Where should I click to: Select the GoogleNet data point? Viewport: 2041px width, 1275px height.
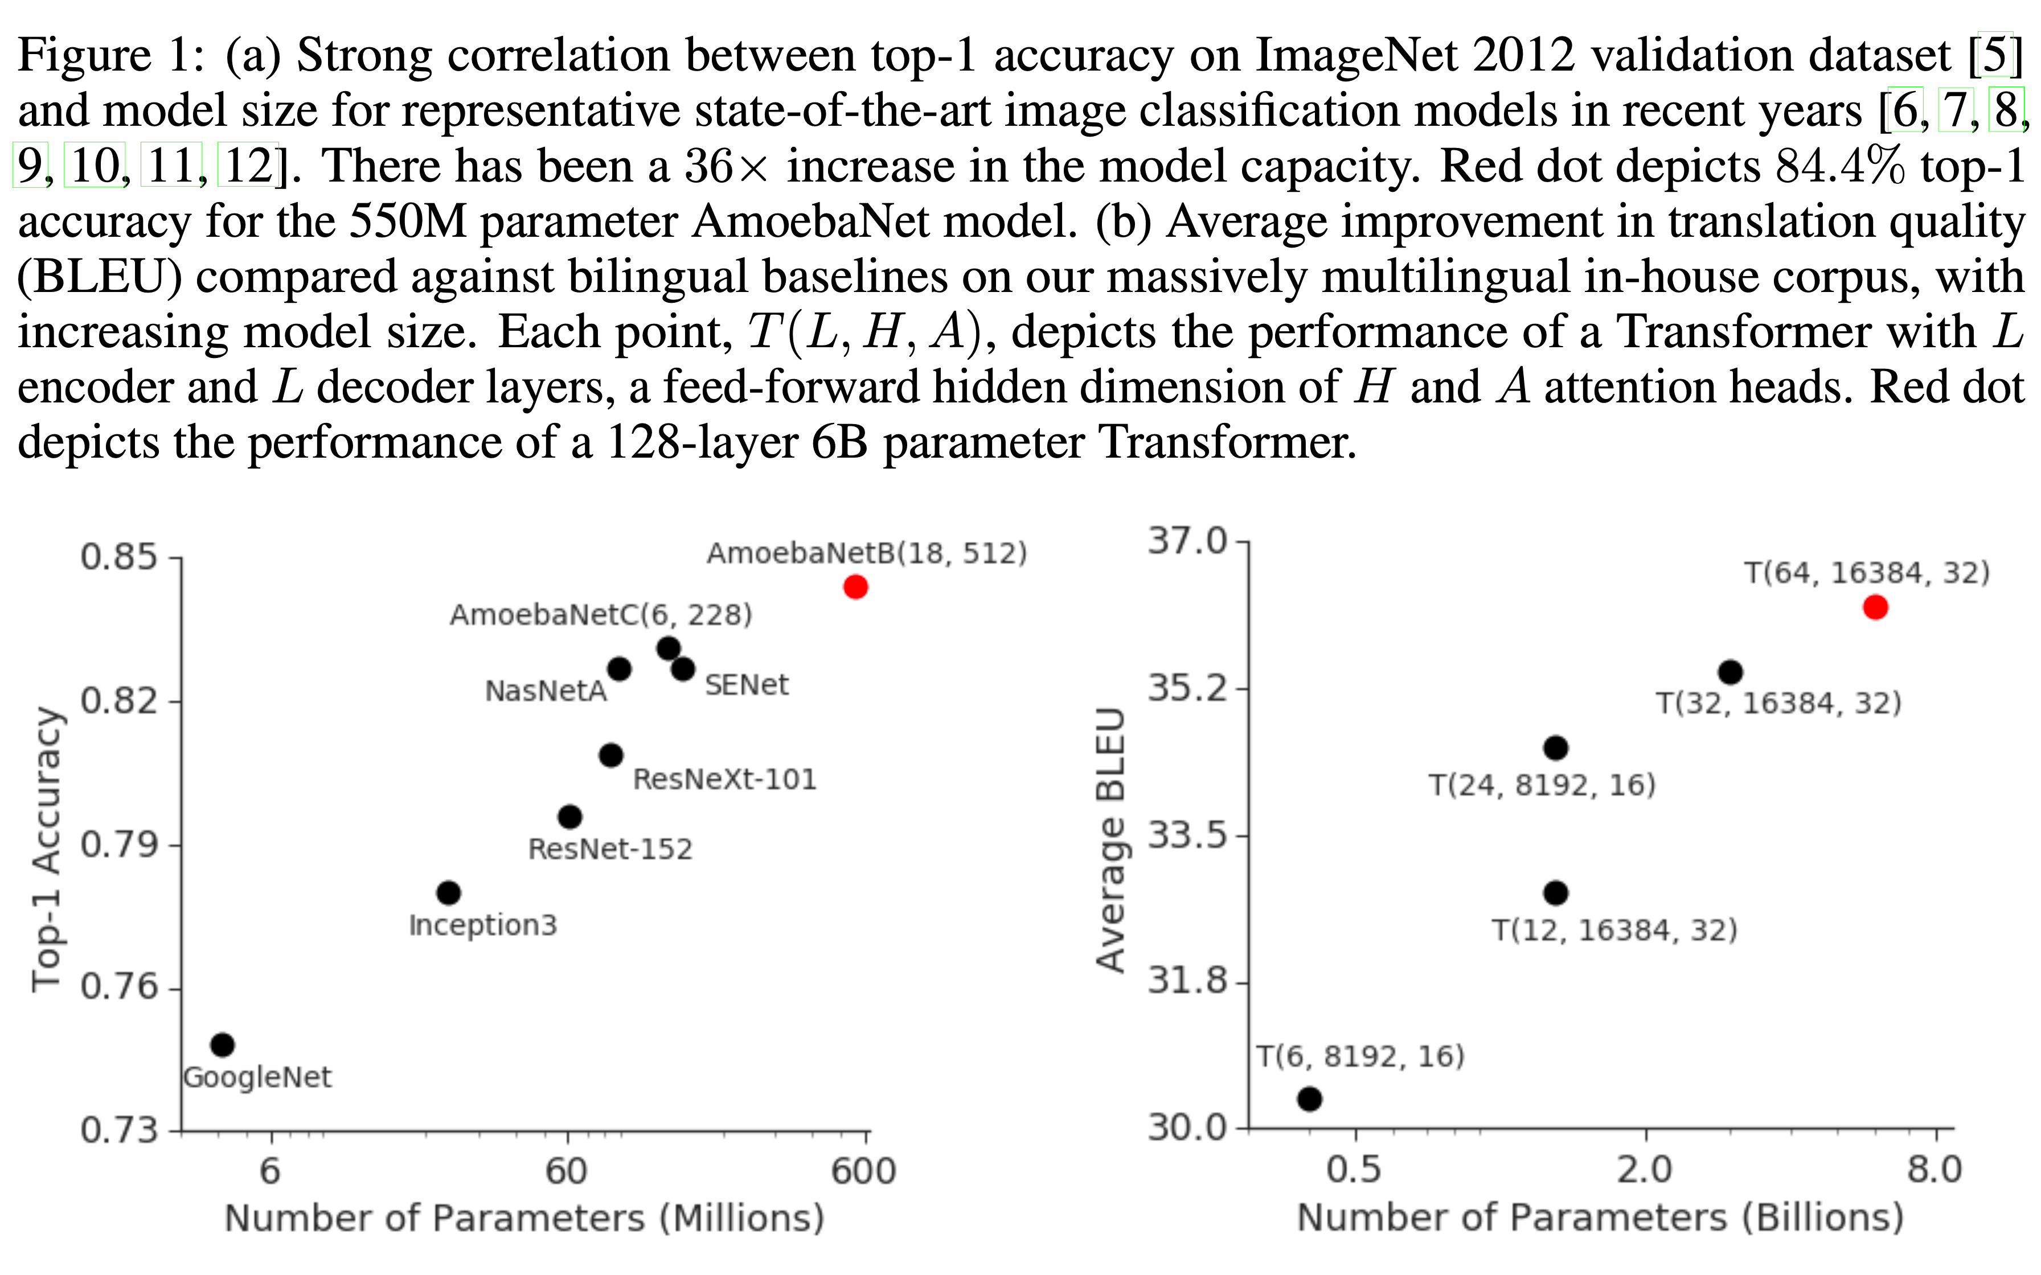click(x=222, y=1045)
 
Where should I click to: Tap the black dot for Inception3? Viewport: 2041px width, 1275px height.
click(x=449, y=892)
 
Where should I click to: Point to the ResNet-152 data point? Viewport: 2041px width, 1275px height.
click(x=570, y=816)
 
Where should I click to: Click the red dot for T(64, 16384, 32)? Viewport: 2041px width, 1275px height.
click(x=1875, y=607)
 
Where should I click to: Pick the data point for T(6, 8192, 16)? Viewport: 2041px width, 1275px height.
click(x=1310, y=1099)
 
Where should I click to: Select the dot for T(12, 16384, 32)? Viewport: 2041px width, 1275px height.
click(x=1556, y=892)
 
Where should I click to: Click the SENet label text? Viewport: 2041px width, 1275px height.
click(x=747, y=685)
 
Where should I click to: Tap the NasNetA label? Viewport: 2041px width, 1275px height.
click(x=546, y=692)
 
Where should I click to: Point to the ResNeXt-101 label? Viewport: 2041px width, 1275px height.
click(x=724, y=779)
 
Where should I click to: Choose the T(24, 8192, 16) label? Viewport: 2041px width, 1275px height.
click(x=1542, y=785)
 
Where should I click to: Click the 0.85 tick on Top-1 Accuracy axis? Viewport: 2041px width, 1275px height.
click(x=119, y=557)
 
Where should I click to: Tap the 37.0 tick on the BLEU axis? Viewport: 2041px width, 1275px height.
click(x=1187, y=541)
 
